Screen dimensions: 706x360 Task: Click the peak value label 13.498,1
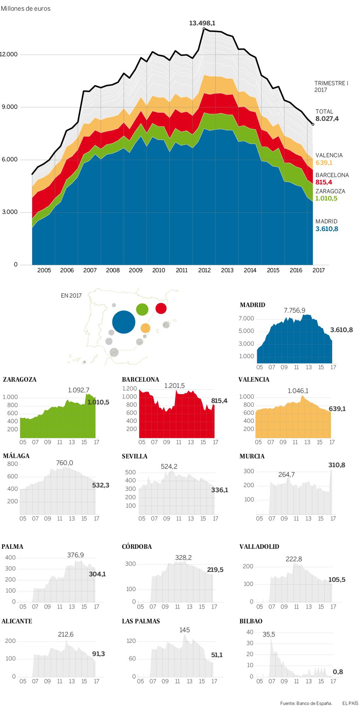[x=202, y=23]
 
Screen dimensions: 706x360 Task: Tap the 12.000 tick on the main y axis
[x=9, y=54]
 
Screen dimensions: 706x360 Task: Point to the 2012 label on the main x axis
[x=204, y=270]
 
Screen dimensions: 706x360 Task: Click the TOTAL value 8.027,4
[x=327, y=119]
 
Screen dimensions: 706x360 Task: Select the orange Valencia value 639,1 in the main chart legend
[x=324, y=163]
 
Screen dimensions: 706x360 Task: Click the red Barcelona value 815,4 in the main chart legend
[x=324, y=182]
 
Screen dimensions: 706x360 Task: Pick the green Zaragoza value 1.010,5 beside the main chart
[x=326, y=198]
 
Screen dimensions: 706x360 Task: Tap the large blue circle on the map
[x=124, y=322]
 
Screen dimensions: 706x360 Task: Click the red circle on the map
[x=161, y=308]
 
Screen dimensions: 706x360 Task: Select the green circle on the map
[x=142, y=309]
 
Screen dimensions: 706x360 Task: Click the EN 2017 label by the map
[x=71, y=296]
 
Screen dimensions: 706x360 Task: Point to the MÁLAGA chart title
[x=16, y=456]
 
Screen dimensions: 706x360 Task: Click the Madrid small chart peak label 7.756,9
[x=294, y=310]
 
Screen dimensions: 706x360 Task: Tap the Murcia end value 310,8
[x=336, y=465]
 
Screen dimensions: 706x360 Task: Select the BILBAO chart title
[x=251, y=621]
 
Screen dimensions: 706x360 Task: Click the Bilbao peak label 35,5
[x=269, y=634]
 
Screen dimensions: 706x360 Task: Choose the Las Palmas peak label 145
[x=184, y=630]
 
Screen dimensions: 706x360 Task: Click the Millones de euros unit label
[x=26, y=8]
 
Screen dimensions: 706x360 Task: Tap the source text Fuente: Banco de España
[x=306, y=703]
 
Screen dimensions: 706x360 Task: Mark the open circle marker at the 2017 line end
[x=313, y=125]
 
